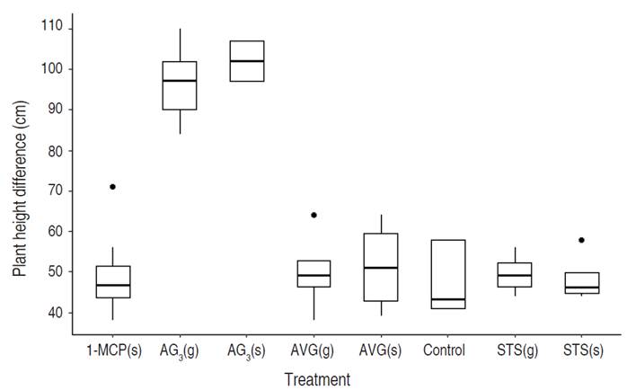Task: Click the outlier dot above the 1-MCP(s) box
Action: point(112,187)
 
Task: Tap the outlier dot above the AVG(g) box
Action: point(314,215)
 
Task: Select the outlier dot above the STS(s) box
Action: point(581,240)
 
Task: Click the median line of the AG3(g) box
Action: point(180,81)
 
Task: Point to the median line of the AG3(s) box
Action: point(247,61)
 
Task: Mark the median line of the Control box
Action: point(447,299)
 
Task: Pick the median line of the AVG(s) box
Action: point(381,268)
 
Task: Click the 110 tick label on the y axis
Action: point(52,28)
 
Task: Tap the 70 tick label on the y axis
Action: point(56,191)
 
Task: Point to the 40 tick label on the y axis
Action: point(56,313)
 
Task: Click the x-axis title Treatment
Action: point(317,379)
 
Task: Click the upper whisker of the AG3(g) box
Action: point(180,45)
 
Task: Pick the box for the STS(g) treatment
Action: point(515,274)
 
